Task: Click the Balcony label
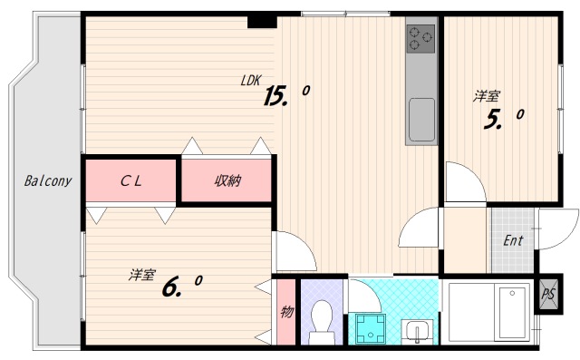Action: click(x=48, y=180)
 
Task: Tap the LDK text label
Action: click(x=251, y=81)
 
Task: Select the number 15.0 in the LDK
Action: click(x=286, y=94)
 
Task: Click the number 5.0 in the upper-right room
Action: click(x=504, y=118)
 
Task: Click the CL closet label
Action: click(x=131, y=180)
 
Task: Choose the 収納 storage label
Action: click(x=227, y=180)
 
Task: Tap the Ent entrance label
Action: click(x=514, y=241)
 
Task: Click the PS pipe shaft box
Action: click(x=548, y=295)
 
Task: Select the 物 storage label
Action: click(x=286, y=313)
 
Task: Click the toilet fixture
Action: click(x=321, y=320)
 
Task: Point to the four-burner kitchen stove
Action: click(x=420, y=38)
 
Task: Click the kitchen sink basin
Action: click(x=421, y=119)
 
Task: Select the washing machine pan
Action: click(x=371, y=328)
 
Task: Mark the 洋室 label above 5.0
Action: click(x=488, y=95)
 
